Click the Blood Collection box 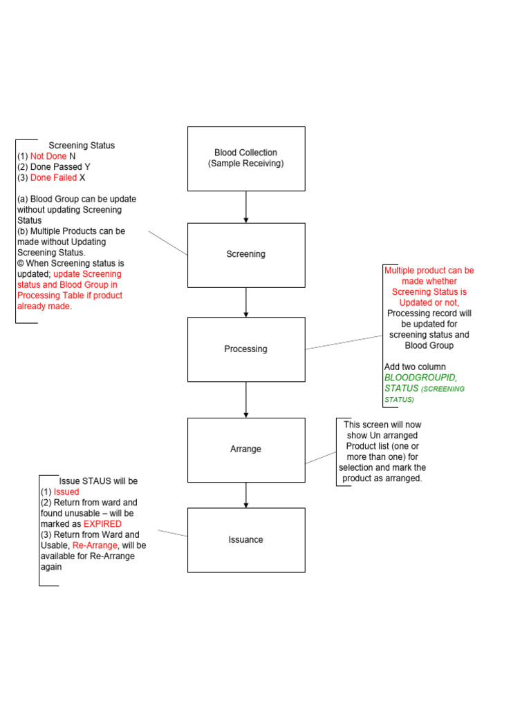(245, 158)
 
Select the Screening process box (245, 254)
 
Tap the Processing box (245, 349)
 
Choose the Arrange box (245, 449)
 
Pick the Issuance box (245, 540)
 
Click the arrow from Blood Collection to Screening (245, 206)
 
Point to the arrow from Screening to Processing (245, 302)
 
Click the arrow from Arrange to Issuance (245, 494)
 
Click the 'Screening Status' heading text (82, 146)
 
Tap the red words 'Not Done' (48, 156)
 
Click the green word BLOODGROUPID (420, 378)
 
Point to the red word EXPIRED (102, 524)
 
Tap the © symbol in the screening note (21, 263)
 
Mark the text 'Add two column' (415, 367)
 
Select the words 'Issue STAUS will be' (98, 481)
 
